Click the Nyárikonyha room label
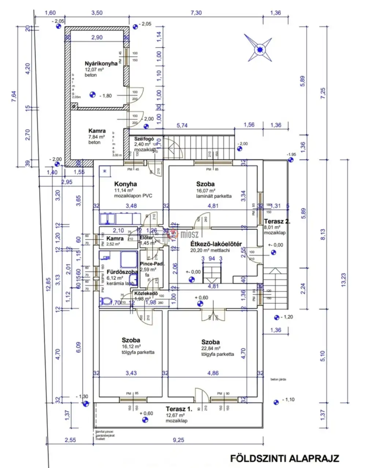[x=101, y=63]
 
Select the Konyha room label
[x=126, y=184]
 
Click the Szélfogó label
[x=144, y=139]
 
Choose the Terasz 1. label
[x=179, y=409]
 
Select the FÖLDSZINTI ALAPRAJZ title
[x=285, y=458]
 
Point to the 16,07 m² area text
[x=206, y=191]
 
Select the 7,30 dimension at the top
[x=196, y=13]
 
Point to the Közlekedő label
[x=146, y=293]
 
